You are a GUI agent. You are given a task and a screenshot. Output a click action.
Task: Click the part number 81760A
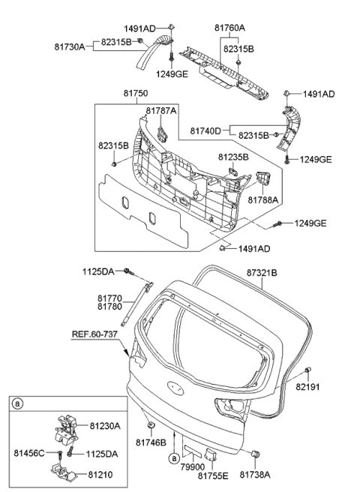click(229, 28)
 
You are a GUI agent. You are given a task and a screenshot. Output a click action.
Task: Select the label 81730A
click(70, 47)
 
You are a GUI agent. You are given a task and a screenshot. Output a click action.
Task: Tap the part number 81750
click(136, 94)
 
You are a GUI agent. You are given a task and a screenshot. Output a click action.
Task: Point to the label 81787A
click(161, 111)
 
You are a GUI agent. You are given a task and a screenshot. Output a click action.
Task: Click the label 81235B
click(233, 157)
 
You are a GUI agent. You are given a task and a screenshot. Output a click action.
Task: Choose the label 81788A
click(263, 199)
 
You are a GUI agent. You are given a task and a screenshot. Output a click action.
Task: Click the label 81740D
click(205, 130)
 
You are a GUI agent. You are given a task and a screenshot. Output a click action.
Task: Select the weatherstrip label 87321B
click(262, 273)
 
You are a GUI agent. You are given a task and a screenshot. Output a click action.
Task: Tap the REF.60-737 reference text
click(94, 334)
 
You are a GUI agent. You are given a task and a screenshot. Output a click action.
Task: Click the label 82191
click(307, 387)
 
